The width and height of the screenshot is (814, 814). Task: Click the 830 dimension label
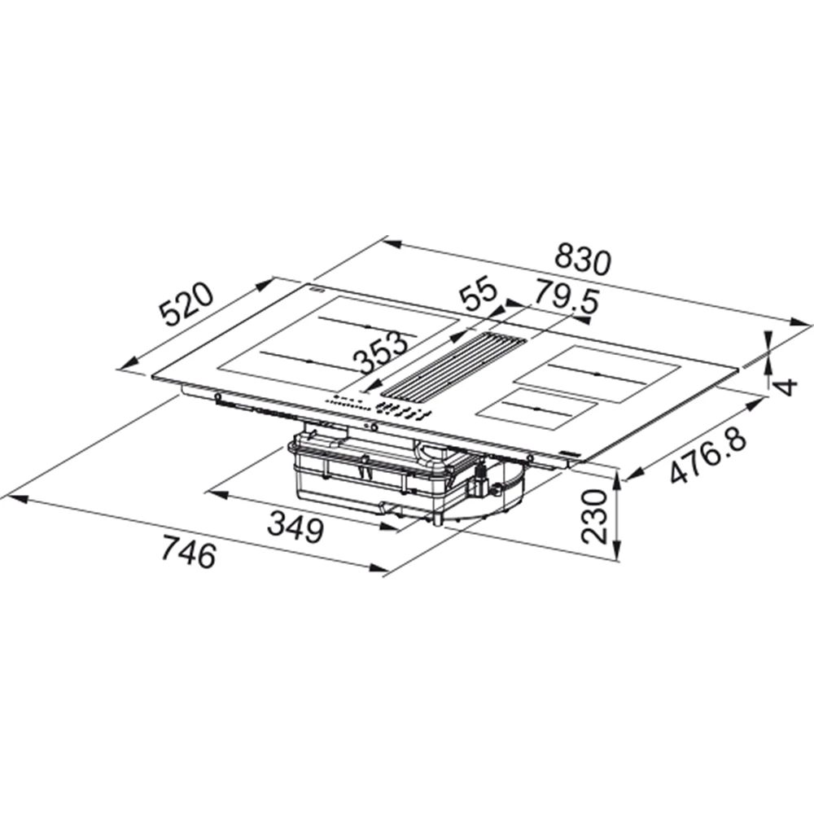point(583,260)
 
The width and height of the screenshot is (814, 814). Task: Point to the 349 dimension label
point(295,527)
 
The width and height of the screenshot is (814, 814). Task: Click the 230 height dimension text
point(594,517)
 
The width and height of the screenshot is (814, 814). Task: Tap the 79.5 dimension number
point(567,297)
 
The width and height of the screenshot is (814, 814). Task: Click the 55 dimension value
point(479,295)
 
